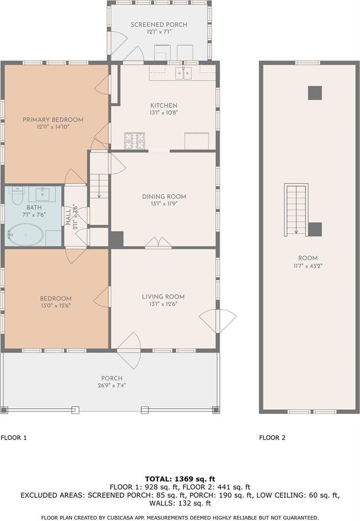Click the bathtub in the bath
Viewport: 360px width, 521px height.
[x=25, y=235]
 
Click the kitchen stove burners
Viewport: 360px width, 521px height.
[x=135, y=140]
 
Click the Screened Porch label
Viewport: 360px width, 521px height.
[x=159, y=25]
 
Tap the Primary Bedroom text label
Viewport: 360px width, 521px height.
[x=53, y=119]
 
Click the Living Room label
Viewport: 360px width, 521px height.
[x=163, y=297]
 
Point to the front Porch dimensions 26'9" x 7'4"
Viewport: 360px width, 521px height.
[x=112, y=385]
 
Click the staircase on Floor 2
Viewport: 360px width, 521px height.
[x=296, y=209]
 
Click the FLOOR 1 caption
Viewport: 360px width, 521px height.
[x=14, y=438]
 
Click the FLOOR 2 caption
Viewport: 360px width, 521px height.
[x=272, y=438]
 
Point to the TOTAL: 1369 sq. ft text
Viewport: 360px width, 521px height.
[x=180, y=479]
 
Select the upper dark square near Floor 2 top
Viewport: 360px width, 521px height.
[x=315, y=93]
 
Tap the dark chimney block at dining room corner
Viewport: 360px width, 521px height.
[x=117, y=239]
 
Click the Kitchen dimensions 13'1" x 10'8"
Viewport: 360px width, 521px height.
[x=164, y=112]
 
